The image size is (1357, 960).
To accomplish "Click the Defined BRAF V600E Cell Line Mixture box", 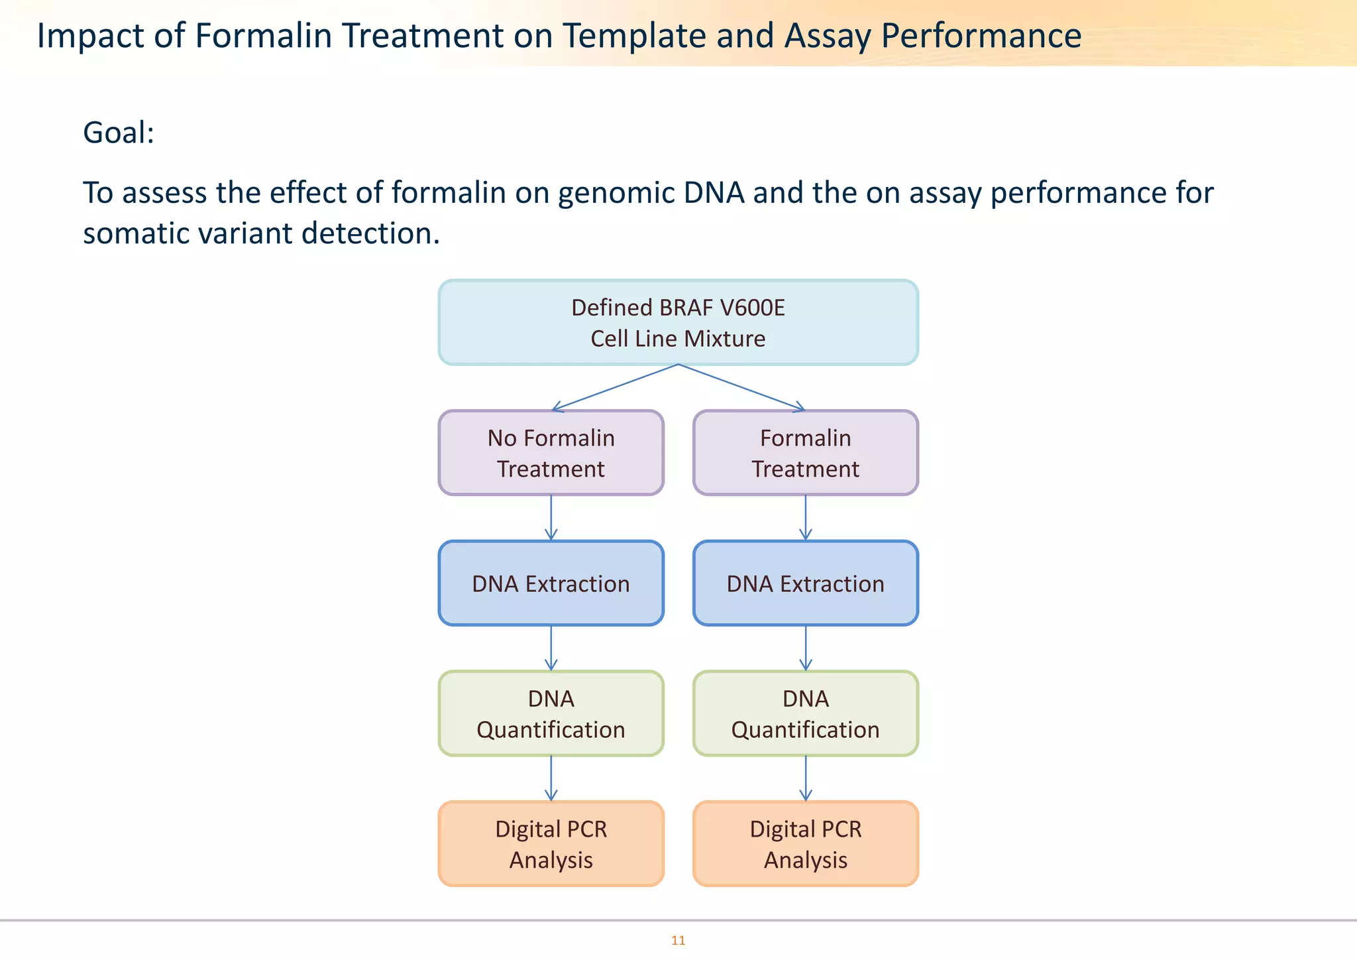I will click(x=678, y=323).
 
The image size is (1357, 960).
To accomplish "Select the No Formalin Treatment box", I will click(x=551, y=453).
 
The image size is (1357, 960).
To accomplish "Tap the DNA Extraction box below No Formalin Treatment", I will click(x=551, y=583).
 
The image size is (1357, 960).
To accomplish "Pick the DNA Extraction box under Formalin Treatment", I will click(x=805, y=583).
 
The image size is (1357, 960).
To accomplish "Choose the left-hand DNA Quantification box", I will click(x=551, y=714).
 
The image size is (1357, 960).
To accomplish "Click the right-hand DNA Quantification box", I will click(x=805, y=714).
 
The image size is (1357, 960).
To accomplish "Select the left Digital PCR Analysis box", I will click(x=551, y=844).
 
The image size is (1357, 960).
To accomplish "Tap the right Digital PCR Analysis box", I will click(x=805, y=844).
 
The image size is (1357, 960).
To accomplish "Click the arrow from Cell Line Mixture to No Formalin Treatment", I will click(x=615, y=388).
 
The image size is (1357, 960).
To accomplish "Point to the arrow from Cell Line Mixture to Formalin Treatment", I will click(x=742, y=388).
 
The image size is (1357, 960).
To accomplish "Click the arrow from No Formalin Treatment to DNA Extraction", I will click(x=551, y=518).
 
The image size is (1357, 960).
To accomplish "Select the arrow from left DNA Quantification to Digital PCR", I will click(x=551, y=778).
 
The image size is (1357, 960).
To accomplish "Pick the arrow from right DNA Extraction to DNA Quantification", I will click(x=806, y=648).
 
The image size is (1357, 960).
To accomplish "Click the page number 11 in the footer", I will click(x=678, y=940).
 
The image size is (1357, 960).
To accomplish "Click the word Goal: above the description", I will click(x=119, y=133).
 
